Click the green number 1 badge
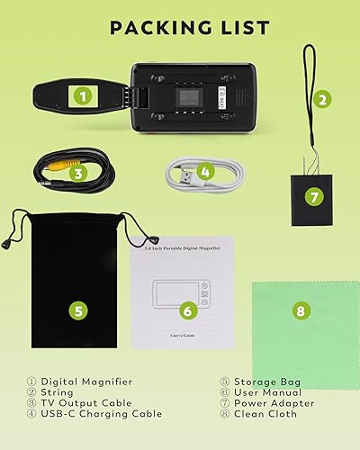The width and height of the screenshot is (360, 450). click(83, 94)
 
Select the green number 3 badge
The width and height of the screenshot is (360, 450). click(79, 174)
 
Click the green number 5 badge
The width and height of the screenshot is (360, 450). click(79, 310)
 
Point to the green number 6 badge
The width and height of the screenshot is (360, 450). click(187, 310)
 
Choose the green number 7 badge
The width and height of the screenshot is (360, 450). click(313, 195)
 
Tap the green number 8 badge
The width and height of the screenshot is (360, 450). click(301, 311)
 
